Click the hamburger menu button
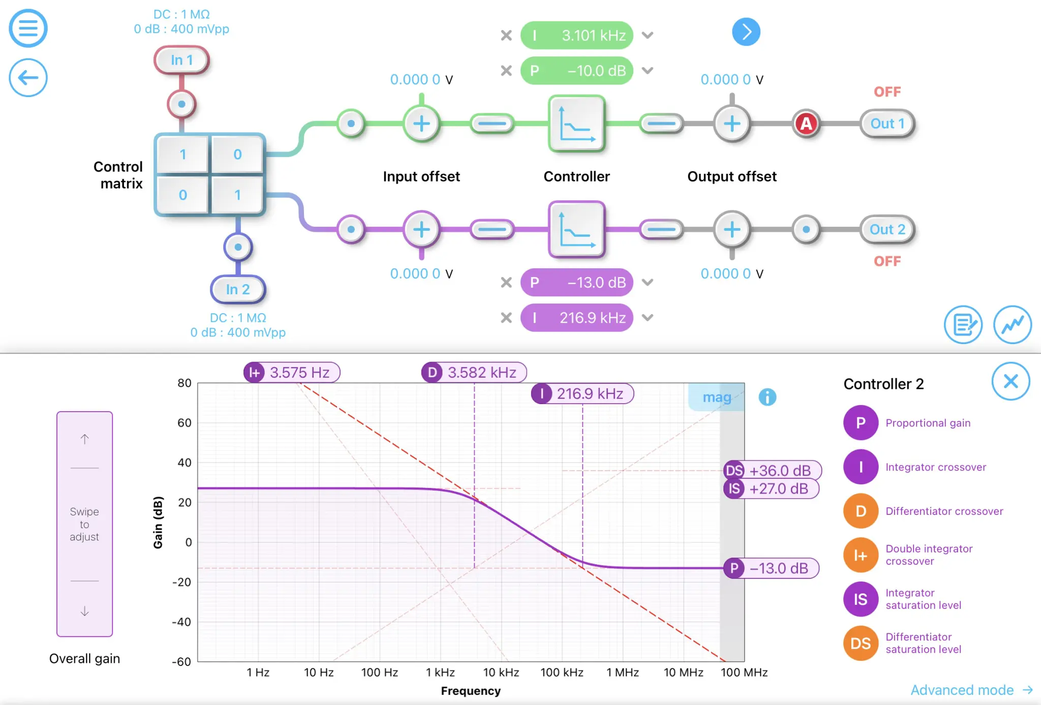(x=28, y=28)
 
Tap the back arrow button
(x=28, y=77)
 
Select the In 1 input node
(x=181, y=60)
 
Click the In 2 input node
(x=237, y=289)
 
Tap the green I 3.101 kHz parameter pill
(x=576, y=35)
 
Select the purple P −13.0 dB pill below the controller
(x=576, y=282)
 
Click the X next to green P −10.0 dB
(x=506, y=71)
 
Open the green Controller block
(x=576, y=124)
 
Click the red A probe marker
(x=806, y=124)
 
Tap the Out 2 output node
(x=887, y=229)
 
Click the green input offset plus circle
(x=421, y=124)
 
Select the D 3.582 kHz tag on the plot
(x=474, y=373)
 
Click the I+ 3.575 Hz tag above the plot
(x=291, y=373)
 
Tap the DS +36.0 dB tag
(x=772, y=470)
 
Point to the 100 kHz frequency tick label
(x=561, y=672)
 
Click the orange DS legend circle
(x=860, y=643)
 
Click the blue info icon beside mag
(x=767, y=397)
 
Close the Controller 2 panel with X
(x=1011, y=381)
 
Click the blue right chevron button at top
(x=746, y=32)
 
